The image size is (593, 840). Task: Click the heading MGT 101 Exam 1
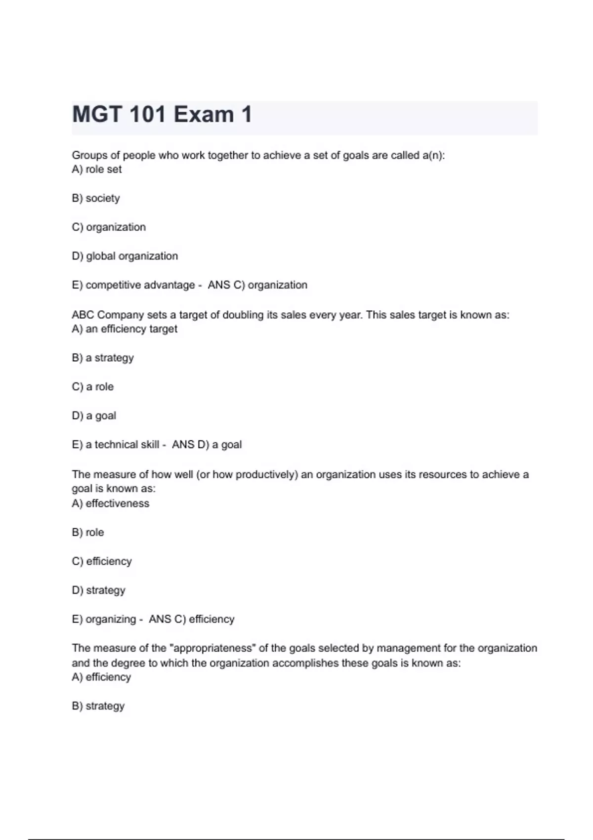162,115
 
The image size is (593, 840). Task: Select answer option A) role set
97,169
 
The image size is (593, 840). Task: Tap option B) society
96,198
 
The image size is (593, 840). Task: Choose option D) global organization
125,256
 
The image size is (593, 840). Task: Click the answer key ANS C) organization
257,285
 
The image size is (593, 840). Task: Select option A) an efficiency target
125,329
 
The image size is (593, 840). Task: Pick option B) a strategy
103,358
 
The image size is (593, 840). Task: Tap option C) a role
93,387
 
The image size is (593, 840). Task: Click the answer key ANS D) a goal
207,445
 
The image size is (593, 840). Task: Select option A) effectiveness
111,504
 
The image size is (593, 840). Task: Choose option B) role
88,533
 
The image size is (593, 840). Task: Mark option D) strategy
99,590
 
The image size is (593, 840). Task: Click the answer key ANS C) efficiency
192,619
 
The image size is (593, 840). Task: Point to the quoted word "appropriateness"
212,648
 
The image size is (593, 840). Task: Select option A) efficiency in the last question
101,677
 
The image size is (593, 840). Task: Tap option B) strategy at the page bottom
98,706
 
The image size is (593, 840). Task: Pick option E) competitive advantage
133,285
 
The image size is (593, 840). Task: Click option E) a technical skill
116,445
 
